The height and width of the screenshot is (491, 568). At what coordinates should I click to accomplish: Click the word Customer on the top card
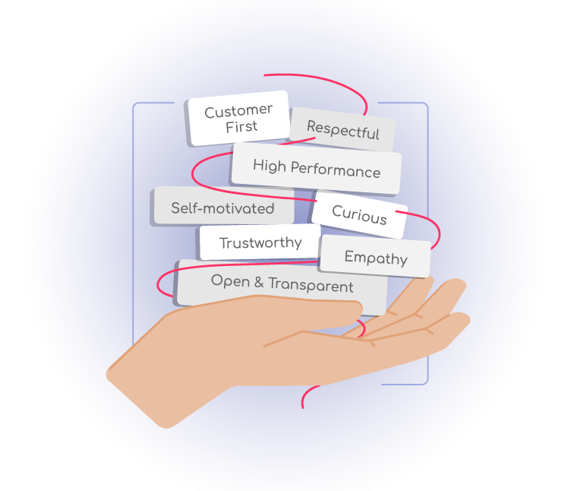[238, 111]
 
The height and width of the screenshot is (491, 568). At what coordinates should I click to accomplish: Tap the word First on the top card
[241, 127]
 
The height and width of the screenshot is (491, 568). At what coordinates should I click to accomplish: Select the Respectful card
[343, 129]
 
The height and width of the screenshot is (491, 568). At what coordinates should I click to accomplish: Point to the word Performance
[335, 169]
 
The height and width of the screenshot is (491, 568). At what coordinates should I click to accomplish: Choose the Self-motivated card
[222, 207]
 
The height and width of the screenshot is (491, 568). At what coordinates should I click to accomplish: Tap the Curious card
[359, 215]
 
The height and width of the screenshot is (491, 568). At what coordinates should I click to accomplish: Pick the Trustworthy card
[260, 243]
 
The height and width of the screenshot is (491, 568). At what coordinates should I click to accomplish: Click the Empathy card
[376, 257]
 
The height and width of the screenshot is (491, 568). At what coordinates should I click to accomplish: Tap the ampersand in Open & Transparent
[257, 283]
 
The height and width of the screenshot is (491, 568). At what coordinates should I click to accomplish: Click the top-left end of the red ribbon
[263, 74]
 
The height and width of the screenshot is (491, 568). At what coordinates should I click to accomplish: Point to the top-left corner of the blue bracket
[134, 104]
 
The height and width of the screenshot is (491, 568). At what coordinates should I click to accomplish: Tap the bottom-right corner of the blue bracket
[427, 382]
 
